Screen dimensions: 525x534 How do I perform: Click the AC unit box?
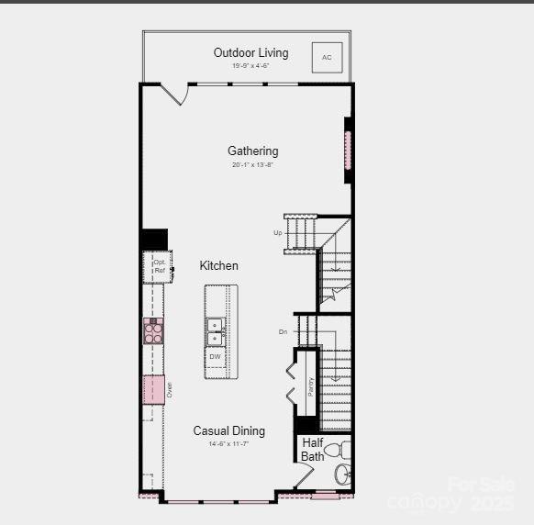[327, 57]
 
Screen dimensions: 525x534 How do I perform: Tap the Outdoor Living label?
[250, 52]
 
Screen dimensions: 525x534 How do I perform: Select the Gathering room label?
[253, 151]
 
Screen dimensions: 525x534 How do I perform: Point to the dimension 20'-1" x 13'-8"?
[252, 164]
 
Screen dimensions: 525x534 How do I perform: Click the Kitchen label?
[219, 265]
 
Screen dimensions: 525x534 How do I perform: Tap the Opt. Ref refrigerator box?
[159, 266]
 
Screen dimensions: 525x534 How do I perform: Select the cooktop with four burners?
[153, 330]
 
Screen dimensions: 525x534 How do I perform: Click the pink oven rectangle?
[153, 390]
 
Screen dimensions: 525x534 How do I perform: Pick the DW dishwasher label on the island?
[215, 356]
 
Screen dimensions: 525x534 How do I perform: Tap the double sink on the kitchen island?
[215, 331]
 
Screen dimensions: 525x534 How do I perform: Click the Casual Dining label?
[228, 430]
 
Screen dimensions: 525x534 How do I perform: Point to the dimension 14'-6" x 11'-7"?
[228, 444]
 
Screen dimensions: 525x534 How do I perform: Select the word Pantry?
[311, 386]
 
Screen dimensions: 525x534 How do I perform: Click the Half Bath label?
[313, 450]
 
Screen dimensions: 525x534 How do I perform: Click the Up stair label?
[277, 232]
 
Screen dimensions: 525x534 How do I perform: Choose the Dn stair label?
[284, 331]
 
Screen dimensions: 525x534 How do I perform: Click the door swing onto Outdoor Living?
[174, 93]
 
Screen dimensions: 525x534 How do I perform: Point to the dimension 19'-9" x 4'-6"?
[250, 66]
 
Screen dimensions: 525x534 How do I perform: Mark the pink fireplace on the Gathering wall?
[348, 150]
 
